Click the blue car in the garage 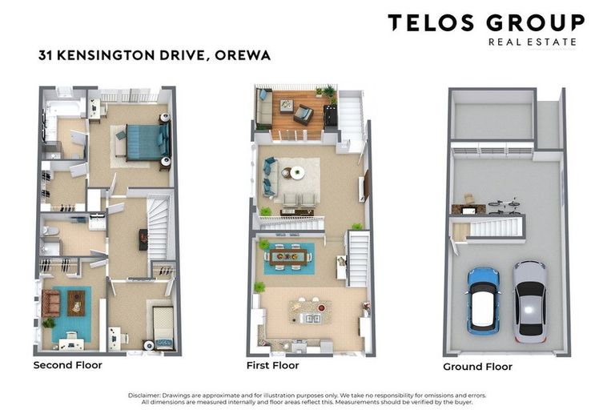click(483, 299)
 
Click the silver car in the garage click(529, 299)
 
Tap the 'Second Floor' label click(67, 365)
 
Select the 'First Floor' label click(272, 365)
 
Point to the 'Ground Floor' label click(477, 367)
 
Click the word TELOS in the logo click(432, 22)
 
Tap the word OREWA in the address click(247, 56)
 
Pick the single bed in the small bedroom click(163, 328)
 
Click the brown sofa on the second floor click(50, 302)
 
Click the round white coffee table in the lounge click(296, 172)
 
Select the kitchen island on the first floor click(310, 311)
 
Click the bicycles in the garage click(504, 207)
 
